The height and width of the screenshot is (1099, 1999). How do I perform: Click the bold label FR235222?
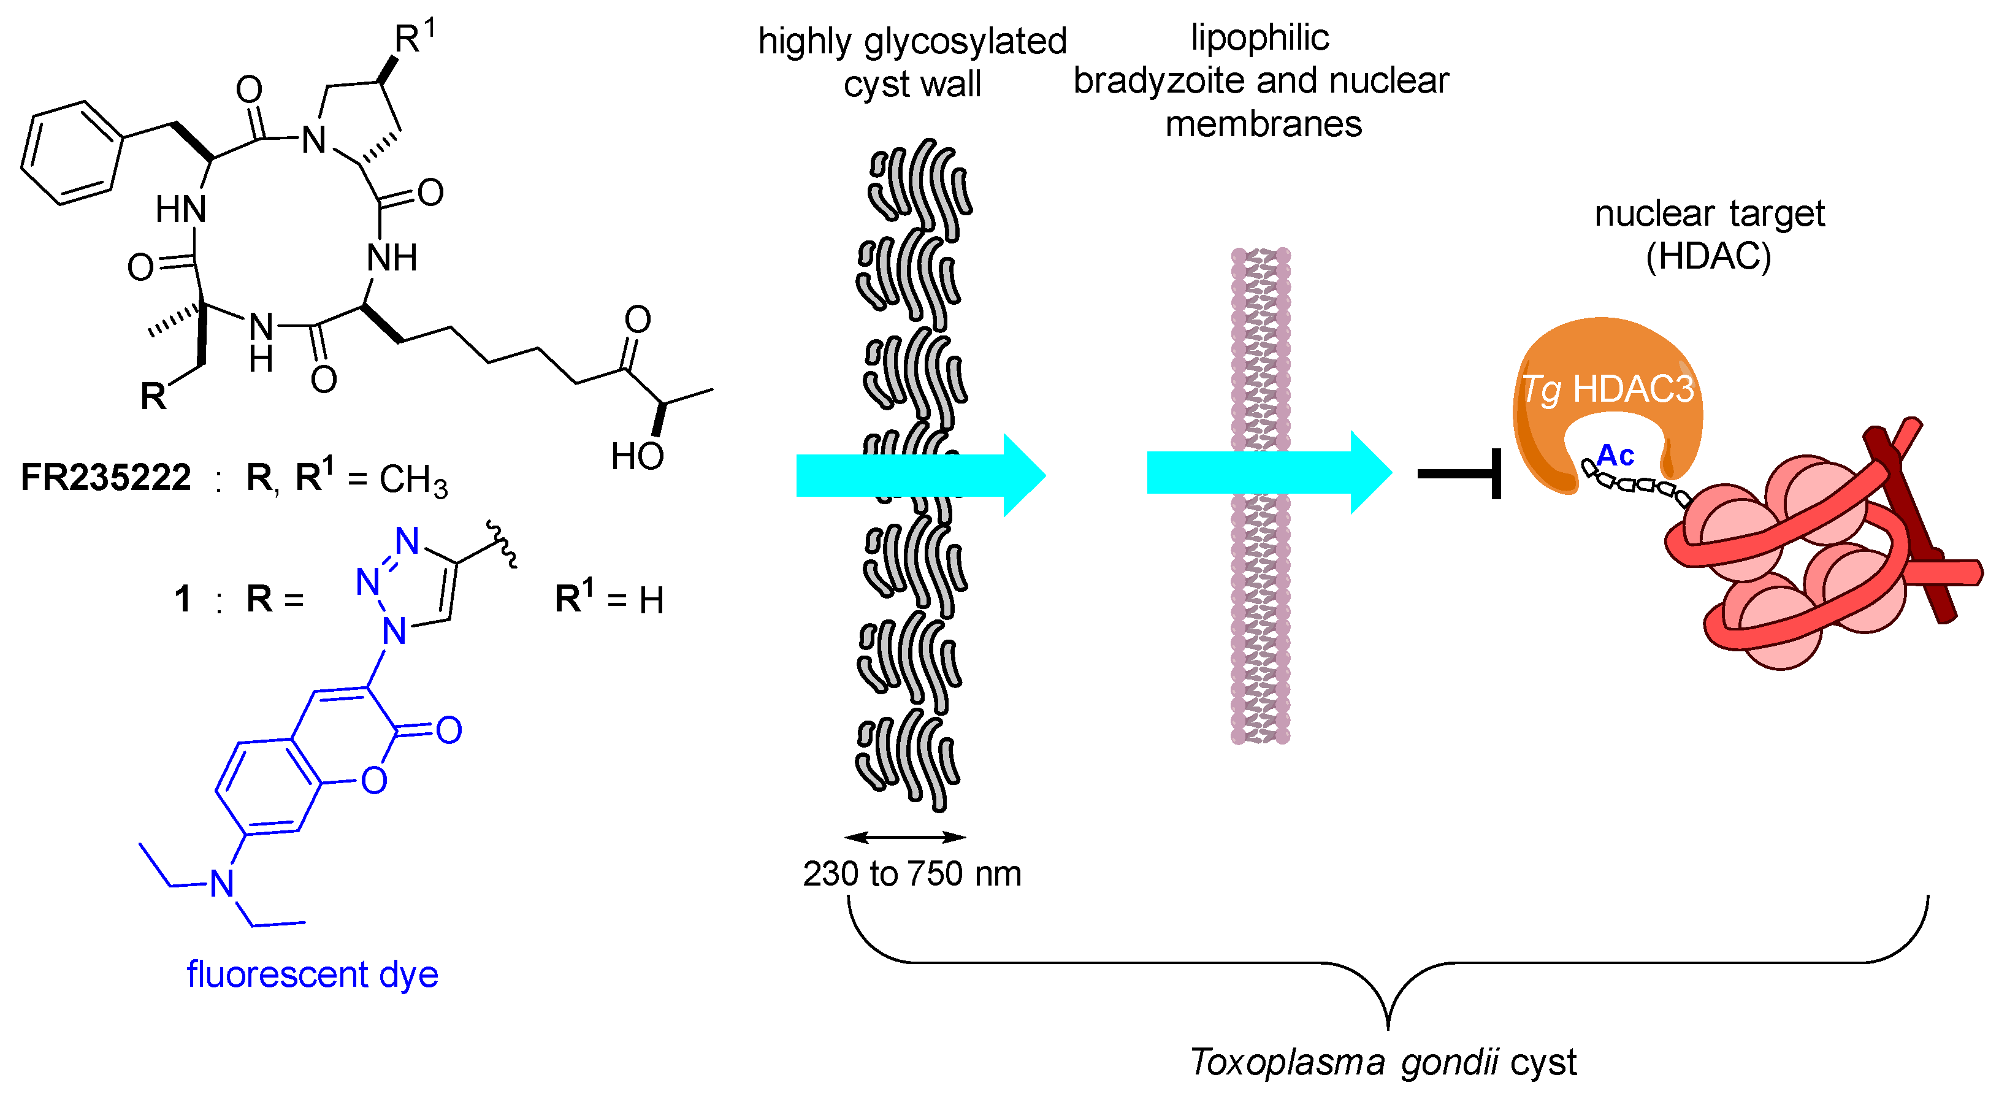pyautogui.click(x=105, y=477)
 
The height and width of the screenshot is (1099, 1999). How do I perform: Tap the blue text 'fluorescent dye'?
pyautogui.click(x=312, y=974)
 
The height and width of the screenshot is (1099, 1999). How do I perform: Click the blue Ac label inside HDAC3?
pyautogui.click(x=1616, y=456)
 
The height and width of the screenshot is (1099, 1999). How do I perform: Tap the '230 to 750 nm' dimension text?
pyautogui.click(x=912, y=875)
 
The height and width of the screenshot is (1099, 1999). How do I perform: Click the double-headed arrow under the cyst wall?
pyautogui.click(x=905, y=837)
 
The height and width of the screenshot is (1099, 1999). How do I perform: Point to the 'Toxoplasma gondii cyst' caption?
pyautogui.click(x=1383, y=1062)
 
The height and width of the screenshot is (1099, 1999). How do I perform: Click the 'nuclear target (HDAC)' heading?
pyautogui.click(x=1710, y=234)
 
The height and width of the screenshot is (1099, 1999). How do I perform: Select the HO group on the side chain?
pyautogui.click(x=636, y=456)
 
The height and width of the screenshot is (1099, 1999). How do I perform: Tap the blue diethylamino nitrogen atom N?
pyautogui.click(x=222, y=884)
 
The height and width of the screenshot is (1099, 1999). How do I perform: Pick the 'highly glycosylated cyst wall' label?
pyautogui.click(x=912, y=62)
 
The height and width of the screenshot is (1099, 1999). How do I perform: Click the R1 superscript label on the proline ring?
pyautogui.click(x=415, y=37)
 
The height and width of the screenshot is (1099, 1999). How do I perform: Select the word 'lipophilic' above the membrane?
pyautogui.click(x=1260, y=37)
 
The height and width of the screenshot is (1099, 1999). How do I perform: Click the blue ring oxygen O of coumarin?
pyautogui.click(x=374, y=780)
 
